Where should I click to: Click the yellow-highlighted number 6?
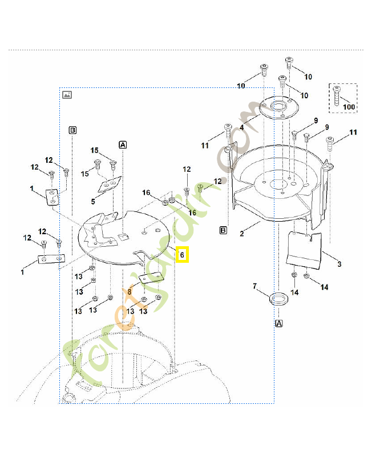coord(182,254)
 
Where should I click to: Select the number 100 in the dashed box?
coord(349,107)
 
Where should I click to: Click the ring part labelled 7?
coord(279,299)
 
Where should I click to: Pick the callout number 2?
coord(242,234)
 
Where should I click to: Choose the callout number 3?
coord(339,264)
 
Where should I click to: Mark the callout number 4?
coord(241,128)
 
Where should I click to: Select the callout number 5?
coord(93,201)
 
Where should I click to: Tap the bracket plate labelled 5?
coord(110,184)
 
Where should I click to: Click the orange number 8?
coord(130,291)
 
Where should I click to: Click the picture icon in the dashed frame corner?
coord(67,94)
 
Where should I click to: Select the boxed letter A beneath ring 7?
coord(279,323)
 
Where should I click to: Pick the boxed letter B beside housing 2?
coord(224,230)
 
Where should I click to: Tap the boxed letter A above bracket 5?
coord(123,145)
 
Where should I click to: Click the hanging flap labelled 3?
coord(303,250)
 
